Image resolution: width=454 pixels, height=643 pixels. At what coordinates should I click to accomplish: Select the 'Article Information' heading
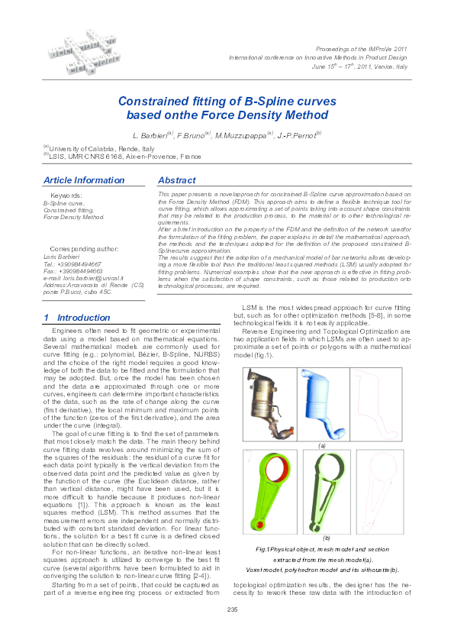[x=83, y=180]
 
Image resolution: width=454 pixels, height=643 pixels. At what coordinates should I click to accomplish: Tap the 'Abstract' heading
[x=176, y=180]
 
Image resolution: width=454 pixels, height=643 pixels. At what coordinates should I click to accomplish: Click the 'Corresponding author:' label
[x=84, y=249]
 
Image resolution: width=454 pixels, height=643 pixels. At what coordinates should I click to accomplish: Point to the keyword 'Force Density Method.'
[x=74, y=218]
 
